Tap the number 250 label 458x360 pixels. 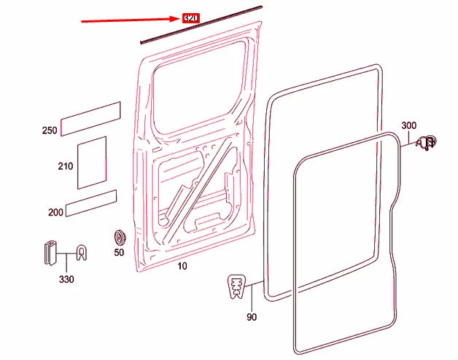click(x=49, y=130)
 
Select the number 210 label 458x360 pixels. click(x=66, y=166)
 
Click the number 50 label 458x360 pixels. click(x=119, y=253)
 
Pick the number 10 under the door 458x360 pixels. click(x=182, y=267)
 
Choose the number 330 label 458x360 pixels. click(x=66, y=279)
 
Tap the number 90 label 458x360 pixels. click(x=252, y=317)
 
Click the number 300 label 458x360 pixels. click(x=408, y=125)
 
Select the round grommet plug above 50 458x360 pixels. click(x=119, y=238)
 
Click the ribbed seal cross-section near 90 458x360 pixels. click(x=236, y=286)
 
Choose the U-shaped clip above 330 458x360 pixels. click(x=82, y=253)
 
